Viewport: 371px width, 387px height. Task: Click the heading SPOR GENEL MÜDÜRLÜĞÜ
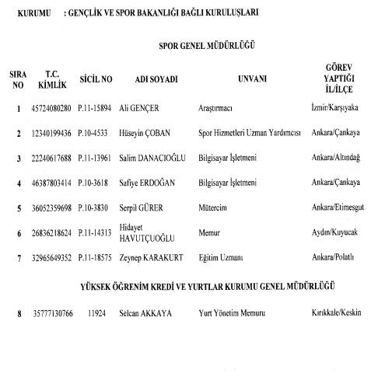(206, 46)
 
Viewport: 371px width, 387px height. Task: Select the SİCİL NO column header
(96, 79)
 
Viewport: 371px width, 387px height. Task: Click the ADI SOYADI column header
(156, 79)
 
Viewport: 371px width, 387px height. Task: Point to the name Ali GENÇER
(151, 108)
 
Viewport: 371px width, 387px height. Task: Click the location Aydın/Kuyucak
(333, 232)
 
